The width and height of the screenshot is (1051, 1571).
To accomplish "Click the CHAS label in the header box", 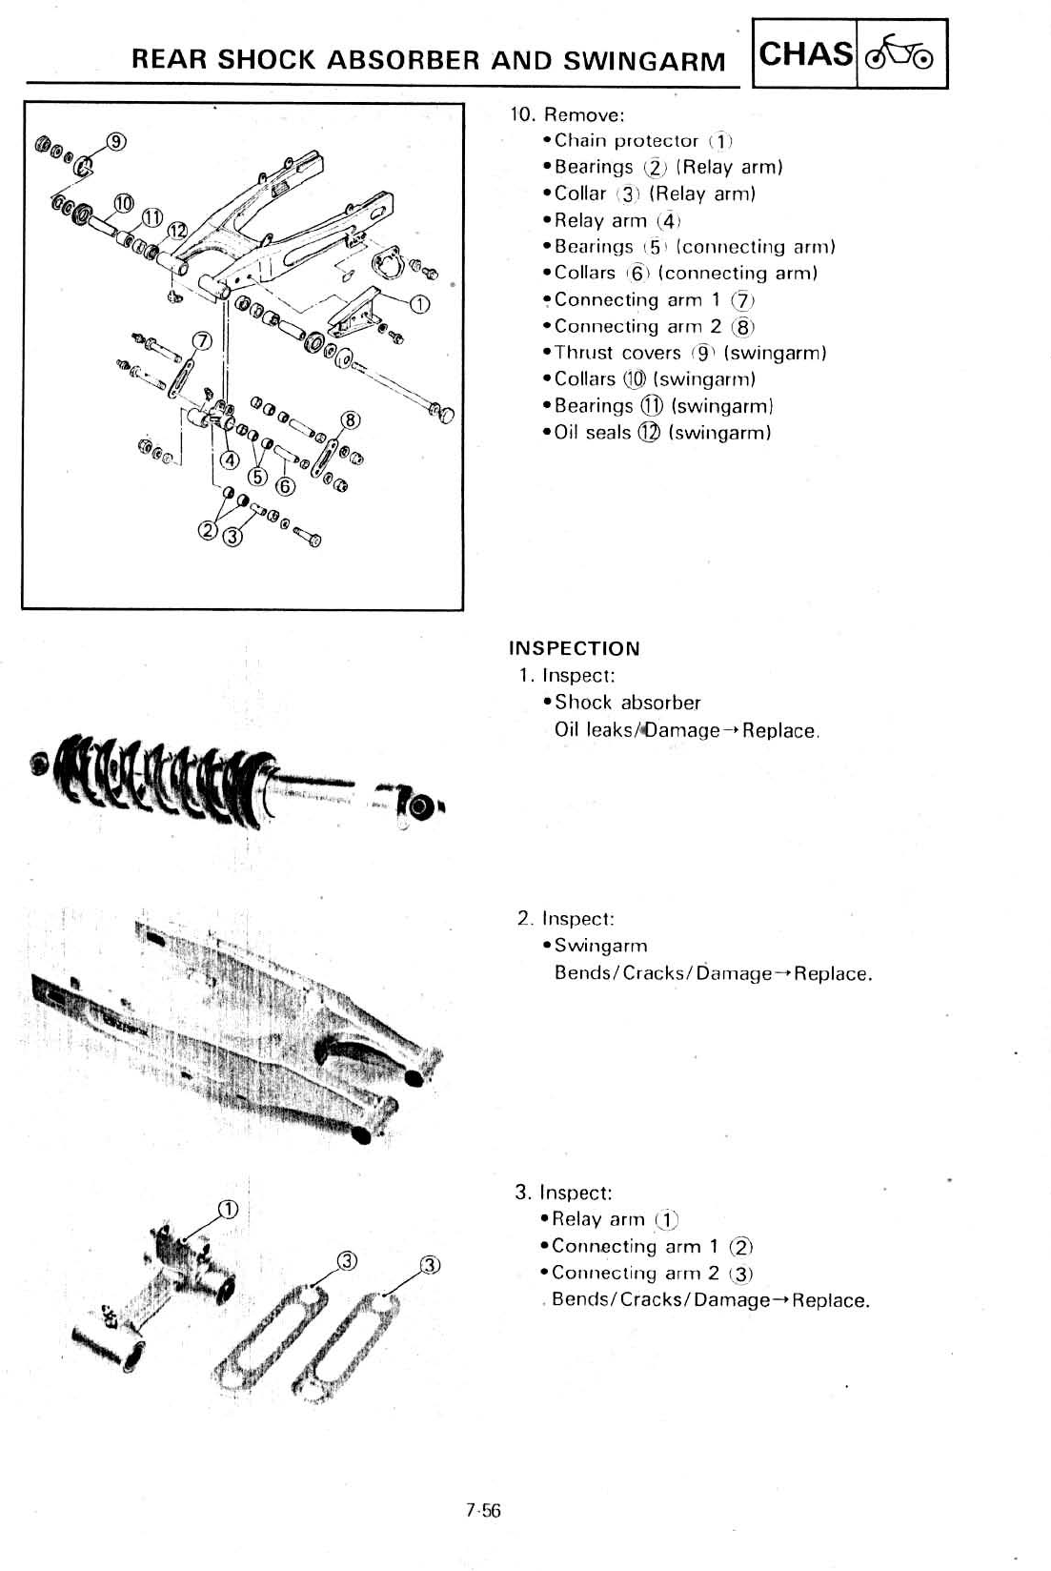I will click(805, 53).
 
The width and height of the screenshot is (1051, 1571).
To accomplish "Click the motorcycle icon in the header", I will click(901, 54).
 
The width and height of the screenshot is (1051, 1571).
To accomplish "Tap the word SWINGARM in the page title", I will click(644, 61).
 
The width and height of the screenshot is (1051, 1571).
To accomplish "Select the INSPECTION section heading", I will click(575, 648).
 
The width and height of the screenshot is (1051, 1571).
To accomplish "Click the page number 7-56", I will click(483, 1510).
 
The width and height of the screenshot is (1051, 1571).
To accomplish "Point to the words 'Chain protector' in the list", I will click(626, 140).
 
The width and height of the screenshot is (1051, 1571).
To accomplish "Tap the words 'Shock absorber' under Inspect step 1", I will click(627, 703).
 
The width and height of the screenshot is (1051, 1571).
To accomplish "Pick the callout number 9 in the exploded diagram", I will click(116, 141).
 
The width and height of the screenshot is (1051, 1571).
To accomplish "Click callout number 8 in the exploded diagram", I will click(351, 420).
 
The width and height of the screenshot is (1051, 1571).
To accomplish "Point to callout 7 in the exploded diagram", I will click(201, 341).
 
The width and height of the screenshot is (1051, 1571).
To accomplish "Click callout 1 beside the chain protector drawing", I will click(419, 305).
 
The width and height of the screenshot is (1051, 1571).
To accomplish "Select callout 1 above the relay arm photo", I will click(228, 1210).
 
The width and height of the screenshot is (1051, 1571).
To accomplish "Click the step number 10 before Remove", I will click(521, 114).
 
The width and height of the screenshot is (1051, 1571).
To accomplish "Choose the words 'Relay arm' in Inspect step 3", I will click(598, 1219).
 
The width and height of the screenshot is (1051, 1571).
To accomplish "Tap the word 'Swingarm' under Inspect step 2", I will click(600, 946).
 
